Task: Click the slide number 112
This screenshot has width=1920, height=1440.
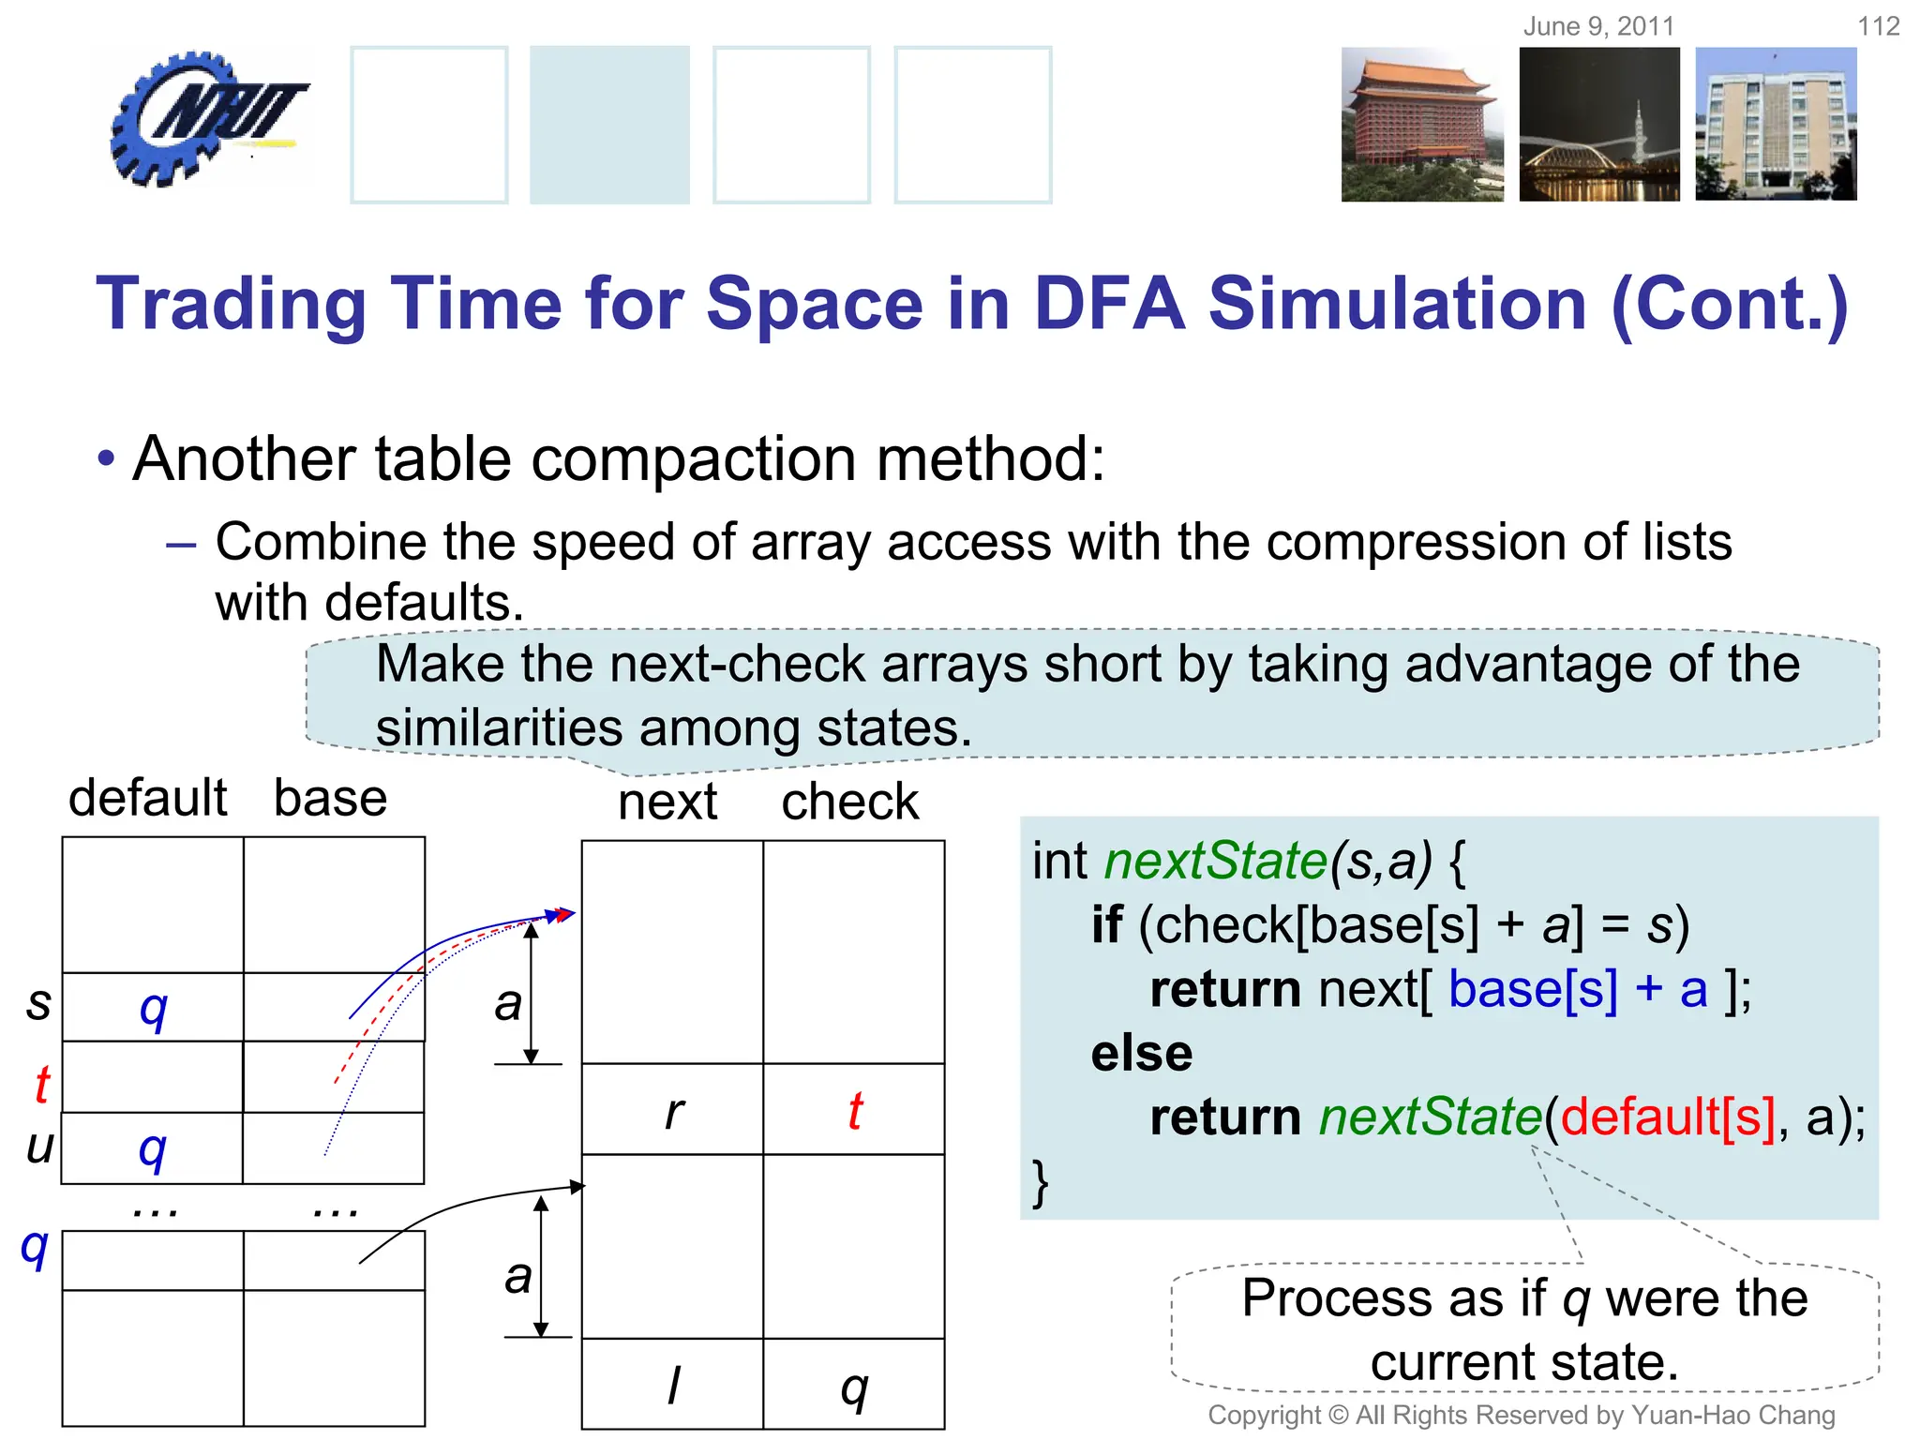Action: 1878,26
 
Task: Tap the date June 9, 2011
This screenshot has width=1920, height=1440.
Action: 1598,26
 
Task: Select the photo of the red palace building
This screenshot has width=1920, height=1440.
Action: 1421,125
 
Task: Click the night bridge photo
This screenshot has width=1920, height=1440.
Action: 1599,125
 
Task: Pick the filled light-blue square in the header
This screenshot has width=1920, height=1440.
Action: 609,125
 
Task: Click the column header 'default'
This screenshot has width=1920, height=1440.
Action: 147,798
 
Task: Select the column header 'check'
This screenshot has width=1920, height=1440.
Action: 849,802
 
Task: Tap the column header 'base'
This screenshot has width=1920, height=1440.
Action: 330,798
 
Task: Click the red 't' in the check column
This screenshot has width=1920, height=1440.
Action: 855,1111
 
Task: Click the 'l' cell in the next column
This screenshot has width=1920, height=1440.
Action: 673,1385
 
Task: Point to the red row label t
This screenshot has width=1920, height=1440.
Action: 41,1085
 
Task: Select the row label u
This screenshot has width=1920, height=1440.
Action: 39,1146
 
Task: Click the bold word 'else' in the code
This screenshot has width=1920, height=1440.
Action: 1141,1053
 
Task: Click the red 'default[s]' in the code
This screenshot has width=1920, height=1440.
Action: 1667,1117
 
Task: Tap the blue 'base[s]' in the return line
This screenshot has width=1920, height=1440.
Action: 1533,989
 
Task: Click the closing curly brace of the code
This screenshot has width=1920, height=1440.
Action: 1040,1182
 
